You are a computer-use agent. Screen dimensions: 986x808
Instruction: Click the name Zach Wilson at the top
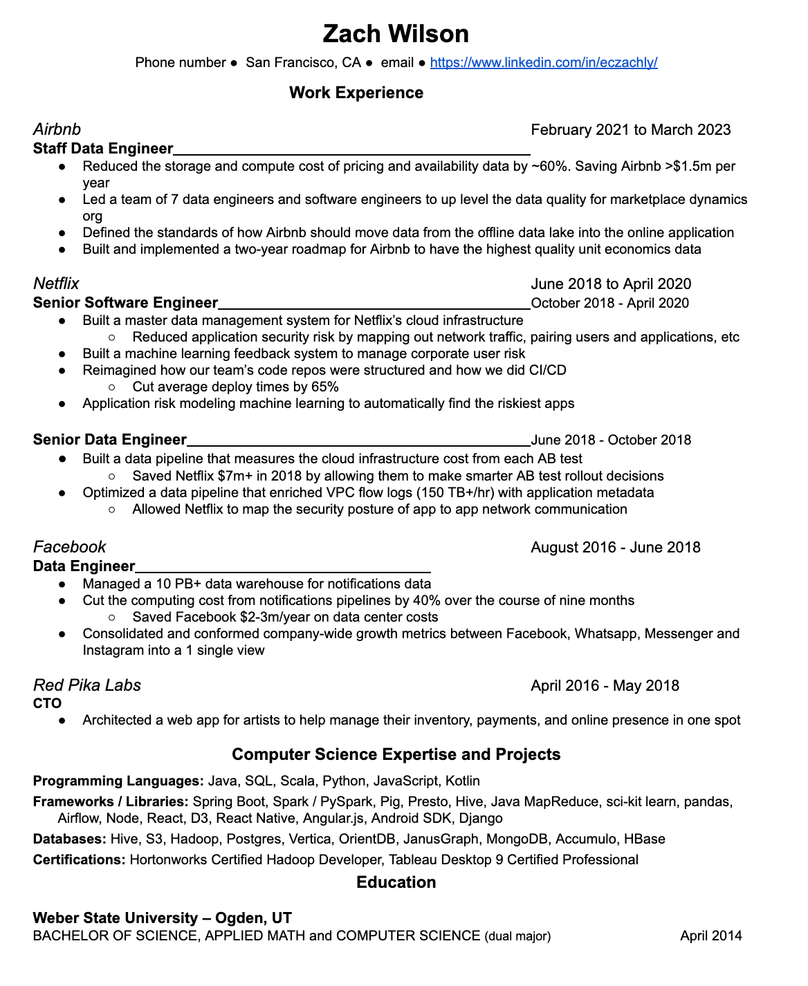[x=396, y=34]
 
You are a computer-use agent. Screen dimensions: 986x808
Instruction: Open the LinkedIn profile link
[x=543, y=62]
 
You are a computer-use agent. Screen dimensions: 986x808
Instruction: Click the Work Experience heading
[x=356, y=93]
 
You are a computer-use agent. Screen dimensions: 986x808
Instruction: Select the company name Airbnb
[x=57, y=129]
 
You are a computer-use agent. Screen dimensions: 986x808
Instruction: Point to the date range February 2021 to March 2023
[x=630, y=130]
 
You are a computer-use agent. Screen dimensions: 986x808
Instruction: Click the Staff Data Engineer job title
[x=103, y=149]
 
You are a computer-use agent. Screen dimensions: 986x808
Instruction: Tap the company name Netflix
[x=56, y=283]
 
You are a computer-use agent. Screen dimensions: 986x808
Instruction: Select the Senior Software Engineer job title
[x=125, y=303]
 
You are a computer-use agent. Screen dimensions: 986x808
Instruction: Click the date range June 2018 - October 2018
[x=611, y=440]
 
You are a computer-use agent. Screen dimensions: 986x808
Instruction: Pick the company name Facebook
[x=69, y=547]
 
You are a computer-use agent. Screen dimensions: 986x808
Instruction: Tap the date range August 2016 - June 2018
[x=615, y=548]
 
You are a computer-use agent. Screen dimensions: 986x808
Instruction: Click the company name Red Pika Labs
[x=87, y=685]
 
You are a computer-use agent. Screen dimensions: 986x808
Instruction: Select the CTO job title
[x=47, y=703]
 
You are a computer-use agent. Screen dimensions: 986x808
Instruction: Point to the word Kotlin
[x=463, y=781]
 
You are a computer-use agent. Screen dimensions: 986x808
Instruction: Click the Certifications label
[x=80, y=860]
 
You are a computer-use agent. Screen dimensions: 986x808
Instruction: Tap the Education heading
[x=396, y=882]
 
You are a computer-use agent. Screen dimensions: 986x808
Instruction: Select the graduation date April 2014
[x=710, y=936]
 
